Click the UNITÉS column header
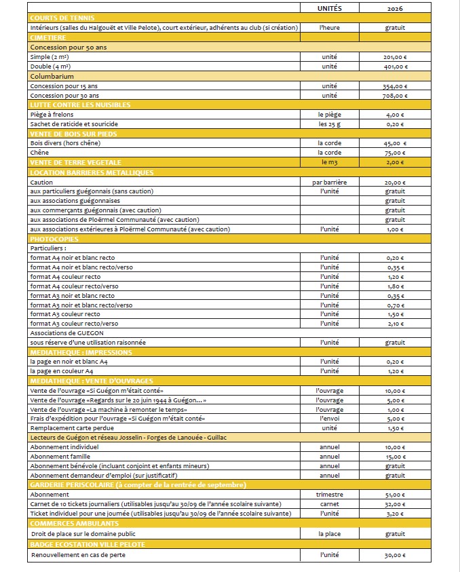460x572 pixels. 330,8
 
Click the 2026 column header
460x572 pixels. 395,8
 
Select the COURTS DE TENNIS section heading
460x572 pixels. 62,18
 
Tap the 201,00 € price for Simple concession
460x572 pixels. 395,57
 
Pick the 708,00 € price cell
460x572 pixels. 395,96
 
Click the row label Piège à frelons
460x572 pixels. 52,115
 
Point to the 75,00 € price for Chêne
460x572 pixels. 395,153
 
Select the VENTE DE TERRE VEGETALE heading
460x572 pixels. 76,163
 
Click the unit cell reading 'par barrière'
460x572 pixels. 330,183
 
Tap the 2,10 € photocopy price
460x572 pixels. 395,324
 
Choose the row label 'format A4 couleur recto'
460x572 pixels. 65,277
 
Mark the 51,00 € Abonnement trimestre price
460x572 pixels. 395,495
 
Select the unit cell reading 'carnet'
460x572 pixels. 330,504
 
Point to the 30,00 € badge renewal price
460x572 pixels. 395,556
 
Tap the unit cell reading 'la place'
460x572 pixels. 330,533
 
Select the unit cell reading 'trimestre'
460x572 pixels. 330,495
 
